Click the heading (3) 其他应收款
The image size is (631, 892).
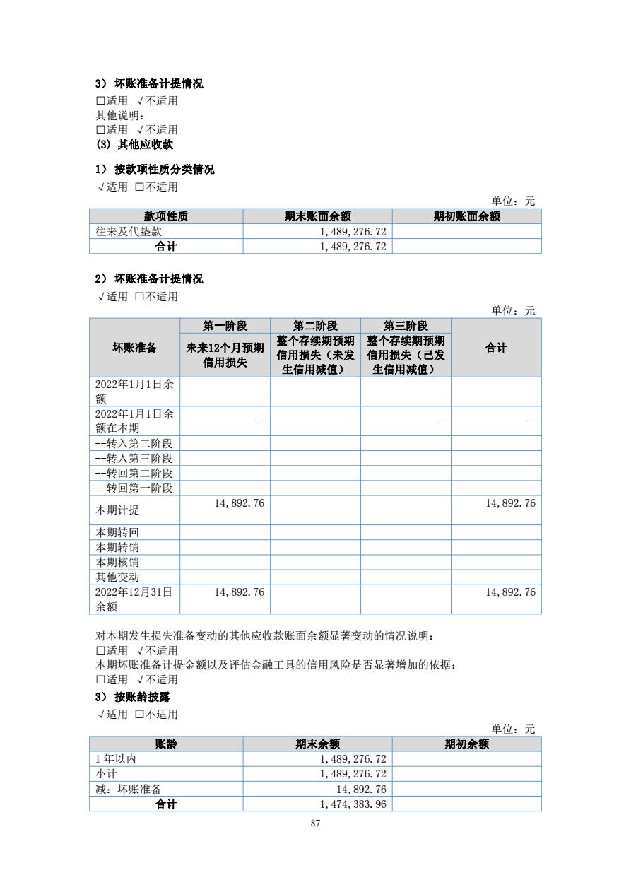(134, 144)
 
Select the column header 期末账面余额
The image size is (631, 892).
(317, 216)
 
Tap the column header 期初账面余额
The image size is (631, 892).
(466, 216)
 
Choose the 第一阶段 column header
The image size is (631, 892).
(225, 326)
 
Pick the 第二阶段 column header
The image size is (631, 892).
(315, 326)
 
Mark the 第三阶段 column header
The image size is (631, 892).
(406, 326)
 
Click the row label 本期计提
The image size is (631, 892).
(113, 510)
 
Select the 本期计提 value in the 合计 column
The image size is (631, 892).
(510, 503)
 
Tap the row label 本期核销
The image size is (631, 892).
(117, 562)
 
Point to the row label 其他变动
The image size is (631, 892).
(117, 577)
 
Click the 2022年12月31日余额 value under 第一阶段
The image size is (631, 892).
(239, 592)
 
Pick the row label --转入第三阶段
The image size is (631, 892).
(134, 459)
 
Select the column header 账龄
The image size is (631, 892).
(166, 744)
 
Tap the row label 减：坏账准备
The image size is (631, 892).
(129, 789)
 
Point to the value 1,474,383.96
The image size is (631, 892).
(353, 804)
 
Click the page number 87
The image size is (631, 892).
(315, 823)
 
